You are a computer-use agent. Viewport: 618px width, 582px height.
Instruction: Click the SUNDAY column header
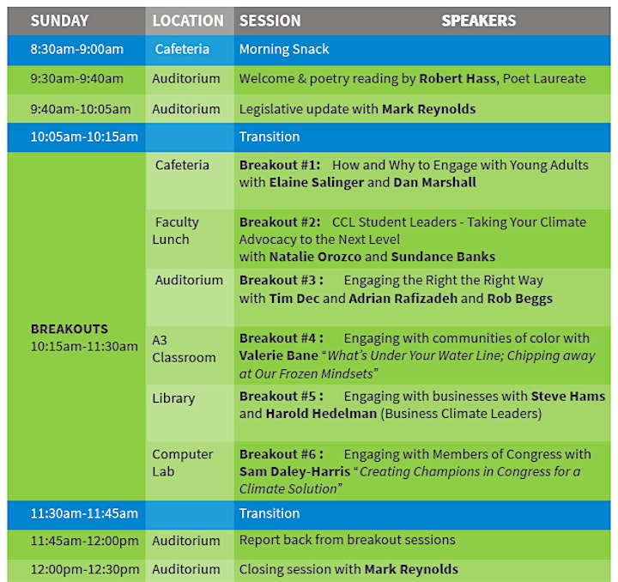point(59,21)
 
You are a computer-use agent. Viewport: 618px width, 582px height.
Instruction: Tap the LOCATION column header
point(188,21)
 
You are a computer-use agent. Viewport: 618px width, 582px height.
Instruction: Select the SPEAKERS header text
point(478,21)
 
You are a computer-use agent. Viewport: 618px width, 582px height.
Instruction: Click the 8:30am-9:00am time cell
point(77,49)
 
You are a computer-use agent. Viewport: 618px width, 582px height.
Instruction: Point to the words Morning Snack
point(284,49)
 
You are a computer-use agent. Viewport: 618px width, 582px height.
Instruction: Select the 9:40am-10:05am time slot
point(81,109)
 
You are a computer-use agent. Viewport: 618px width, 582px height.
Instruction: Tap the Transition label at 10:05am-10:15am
point(270,136)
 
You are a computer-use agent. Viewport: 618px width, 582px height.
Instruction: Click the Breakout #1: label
point(280,165)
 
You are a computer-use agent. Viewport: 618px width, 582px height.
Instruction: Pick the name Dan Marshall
point(434,183)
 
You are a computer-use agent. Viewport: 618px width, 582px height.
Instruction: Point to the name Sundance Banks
point(443,257)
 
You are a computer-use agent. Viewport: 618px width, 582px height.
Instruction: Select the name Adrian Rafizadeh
point(403,299)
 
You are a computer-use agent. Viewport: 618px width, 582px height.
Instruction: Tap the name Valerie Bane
point(279,355)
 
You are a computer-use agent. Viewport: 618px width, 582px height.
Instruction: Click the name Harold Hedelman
point(321,414)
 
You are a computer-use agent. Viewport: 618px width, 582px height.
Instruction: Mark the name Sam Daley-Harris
point(294,471)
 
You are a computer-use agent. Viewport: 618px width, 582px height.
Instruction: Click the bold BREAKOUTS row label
point(70,329)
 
